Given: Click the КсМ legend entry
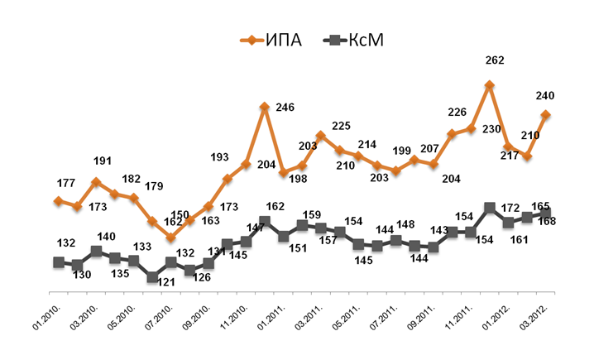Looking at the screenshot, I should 357,40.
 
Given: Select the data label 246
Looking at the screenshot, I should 285,108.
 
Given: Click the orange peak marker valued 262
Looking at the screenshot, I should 490,84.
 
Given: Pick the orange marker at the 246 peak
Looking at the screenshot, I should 264,107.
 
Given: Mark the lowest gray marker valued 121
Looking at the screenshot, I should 152,278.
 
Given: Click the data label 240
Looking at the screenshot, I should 545,95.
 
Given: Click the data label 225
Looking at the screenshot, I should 341,127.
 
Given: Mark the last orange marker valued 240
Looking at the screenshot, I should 546,115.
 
